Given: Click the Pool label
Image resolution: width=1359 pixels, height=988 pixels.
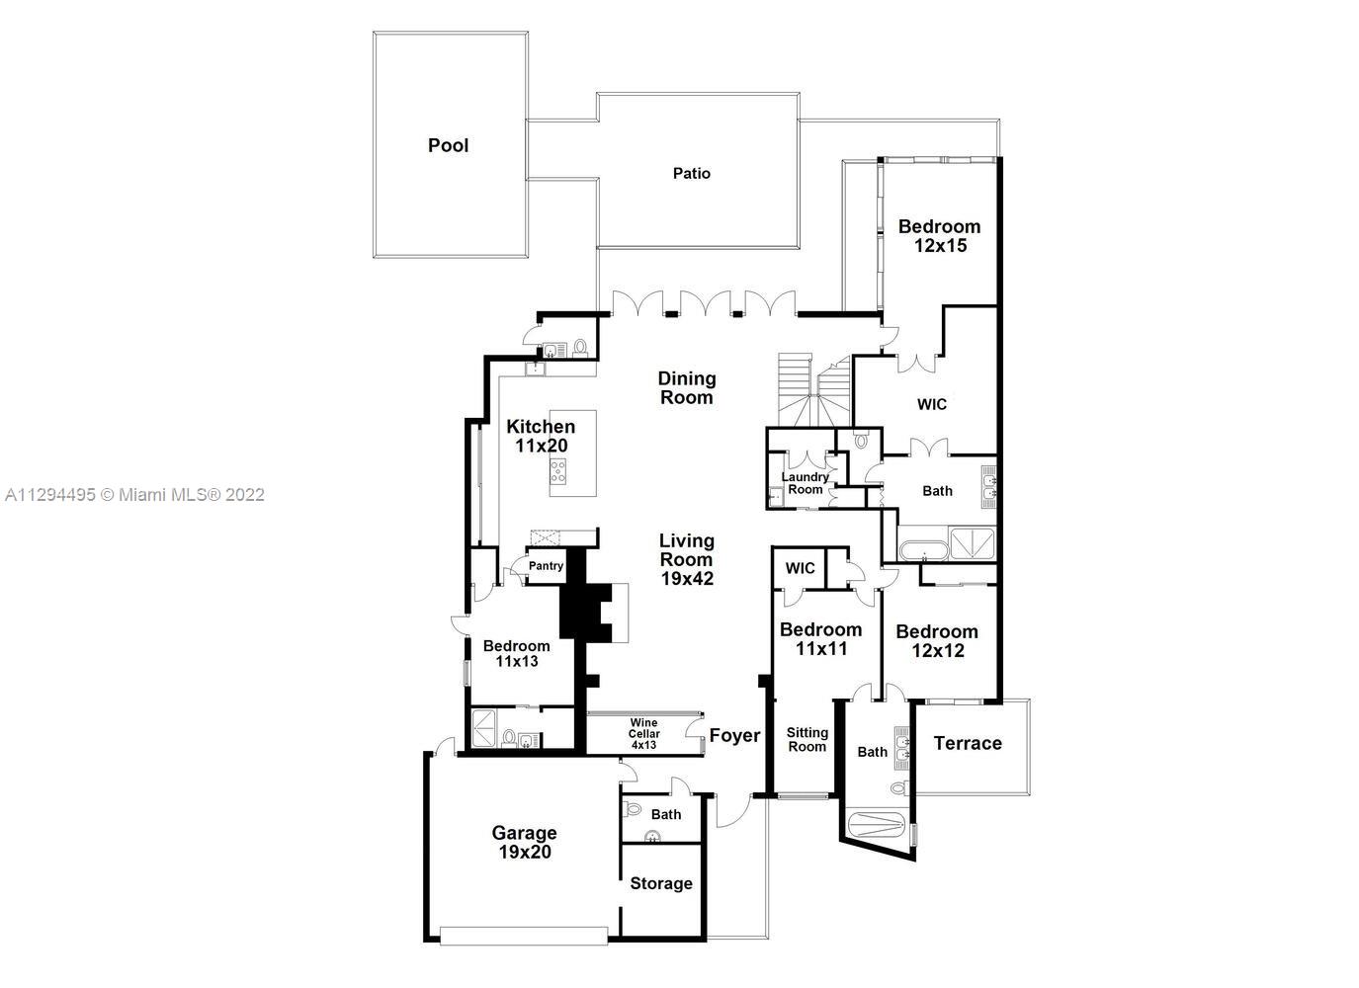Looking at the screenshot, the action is (449, 145).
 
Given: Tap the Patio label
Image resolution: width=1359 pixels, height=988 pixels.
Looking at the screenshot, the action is (691, 174).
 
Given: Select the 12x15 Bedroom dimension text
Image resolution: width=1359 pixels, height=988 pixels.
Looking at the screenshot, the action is (940, 246).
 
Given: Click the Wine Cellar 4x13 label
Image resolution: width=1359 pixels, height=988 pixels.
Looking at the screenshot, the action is (643, 734).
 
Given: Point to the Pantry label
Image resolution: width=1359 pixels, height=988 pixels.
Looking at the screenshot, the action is (546, 566).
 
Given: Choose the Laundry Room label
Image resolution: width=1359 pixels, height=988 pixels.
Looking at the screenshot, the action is (806, 483).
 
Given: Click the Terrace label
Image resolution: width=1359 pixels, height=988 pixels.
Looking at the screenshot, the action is (968, 744).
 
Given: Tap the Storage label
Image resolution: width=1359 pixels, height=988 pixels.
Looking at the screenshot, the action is (661, 883).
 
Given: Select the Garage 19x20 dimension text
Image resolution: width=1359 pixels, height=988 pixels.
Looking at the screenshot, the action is (525, 852).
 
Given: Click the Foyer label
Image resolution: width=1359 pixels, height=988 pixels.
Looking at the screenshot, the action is (734, 736).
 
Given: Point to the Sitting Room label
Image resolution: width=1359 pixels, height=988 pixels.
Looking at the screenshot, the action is (807, 740).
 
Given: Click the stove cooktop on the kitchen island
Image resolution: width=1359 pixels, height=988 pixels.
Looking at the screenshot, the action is (558, 471).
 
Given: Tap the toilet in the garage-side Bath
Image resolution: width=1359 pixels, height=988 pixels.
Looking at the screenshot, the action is (633, 809).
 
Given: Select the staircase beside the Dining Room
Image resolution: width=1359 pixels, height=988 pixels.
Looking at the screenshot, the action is (814, 390).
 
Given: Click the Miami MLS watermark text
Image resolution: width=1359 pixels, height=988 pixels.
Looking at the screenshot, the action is (134, 495).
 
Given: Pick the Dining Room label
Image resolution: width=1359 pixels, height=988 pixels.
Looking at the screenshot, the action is (687, 388).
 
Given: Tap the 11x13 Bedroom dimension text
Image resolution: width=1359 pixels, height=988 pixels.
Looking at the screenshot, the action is (517, 662).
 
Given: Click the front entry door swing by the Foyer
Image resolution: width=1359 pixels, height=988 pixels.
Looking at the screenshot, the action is (733, 810).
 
